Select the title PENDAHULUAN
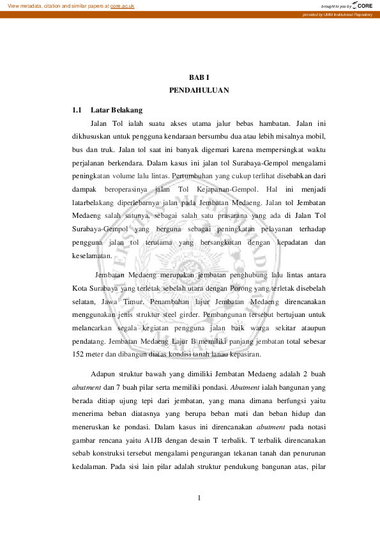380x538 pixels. [199, 91]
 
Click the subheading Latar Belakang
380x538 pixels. [116, 110]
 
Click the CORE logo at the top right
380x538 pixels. [361, 5]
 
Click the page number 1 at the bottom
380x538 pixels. [199, 498]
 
